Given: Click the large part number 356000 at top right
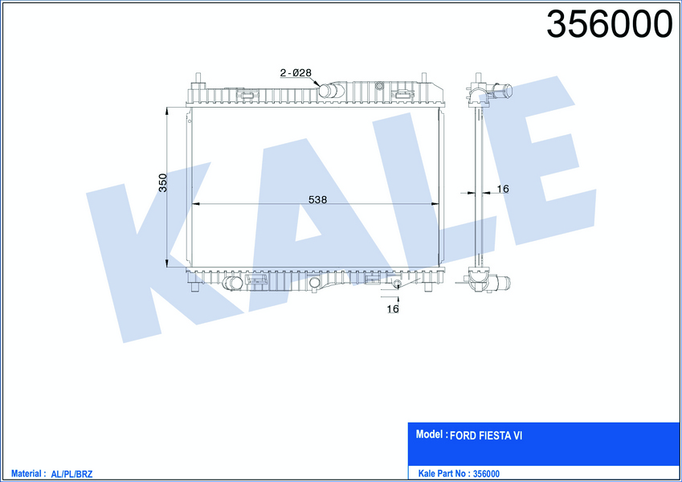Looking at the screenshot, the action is [610, 24].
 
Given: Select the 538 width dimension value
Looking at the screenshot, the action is [317, 199].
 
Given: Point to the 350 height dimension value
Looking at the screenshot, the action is [162, 182].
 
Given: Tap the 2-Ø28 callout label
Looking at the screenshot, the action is [296, 72].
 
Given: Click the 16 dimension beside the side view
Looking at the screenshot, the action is [503, 189].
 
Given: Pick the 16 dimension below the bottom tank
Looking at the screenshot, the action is [393, 308].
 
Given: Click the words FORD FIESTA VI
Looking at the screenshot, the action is [486, 435].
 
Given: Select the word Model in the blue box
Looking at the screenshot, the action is [429, 434].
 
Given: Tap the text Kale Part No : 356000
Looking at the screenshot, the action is [459, 473].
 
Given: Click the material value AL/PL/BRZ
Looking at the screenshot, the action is [71, 474].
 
